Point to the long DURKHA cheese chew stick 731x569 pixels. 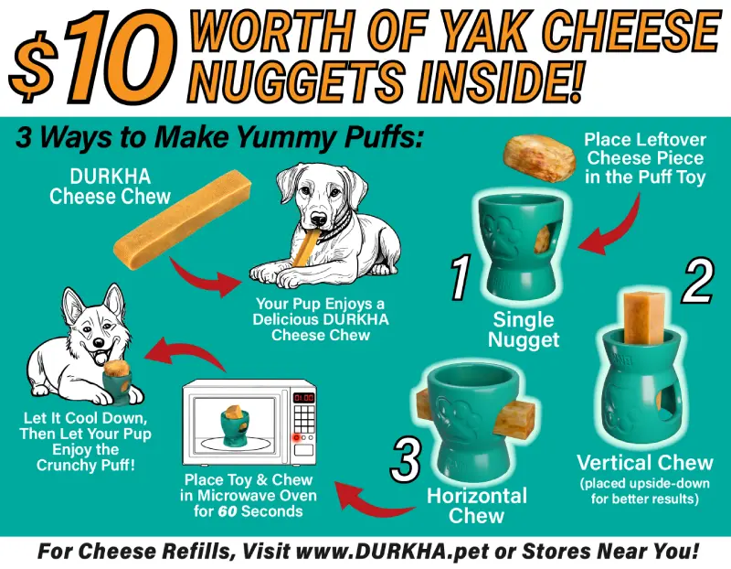[183, 220]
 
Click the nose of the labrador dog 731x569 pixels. [319, 219]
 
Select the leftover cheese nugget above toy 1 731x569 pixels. [539, 157]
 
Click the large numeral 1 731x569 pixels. [461, 277]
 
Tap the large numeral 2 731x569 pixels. [698, 281]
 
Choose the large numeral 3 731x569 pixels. [406, 460]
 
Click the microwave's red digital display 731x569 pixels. [303, 398]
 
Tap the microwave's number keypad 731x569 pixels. [303, 418]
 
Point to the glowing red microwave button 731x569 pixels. [295, 437]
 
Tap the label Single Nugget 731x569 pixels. [524, 329]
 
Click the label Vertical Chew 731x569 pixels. [645, 463]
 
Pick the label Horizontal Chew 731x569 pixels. [477, 506]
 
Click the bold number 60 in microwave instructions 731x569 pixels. [227, 511]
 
